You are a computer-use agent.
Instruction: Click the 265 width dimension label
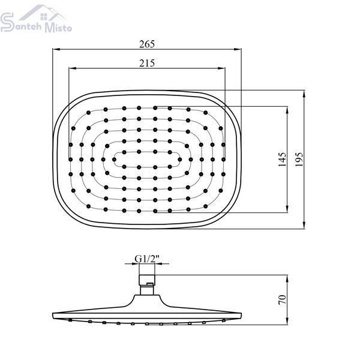(147, 44)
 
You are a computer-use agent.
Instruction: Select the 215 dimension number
(147, 63)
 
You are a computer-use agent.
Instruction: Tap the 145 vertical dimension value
(282, 160)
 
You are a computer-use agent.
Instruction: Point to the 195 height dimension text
(299, 160)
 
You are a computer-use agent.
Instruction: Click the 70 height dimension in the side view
(282, 300)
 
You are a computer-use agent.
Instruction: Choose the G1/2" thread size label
(147, 259)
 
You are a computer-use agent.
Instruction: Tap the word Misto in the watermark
(58, 28)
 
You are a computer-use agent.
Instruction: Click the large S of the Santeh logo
(7, 22)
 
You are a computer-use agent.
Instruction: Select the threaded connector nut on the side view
(147, 280)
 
